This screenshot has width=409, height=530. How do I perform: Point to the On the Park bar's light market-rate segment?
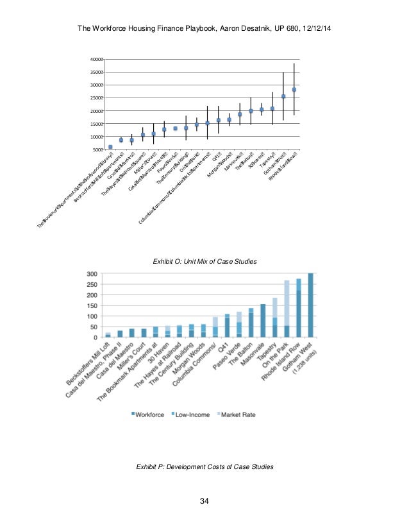pos(287,302)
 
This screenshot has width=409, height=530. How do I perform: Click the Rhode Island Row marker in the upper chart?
pos(294,90)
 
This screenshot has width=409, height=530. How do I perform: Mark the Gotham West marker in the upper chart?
pos(283,96)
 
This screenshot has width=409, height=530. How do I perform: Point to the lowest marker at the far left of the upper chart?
pos(110,147)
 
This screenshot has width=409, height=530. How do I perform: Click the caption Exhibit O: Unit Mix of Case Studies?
pos(204,262)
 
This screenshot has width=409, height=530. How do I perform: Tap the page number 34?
pos(204,501)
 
